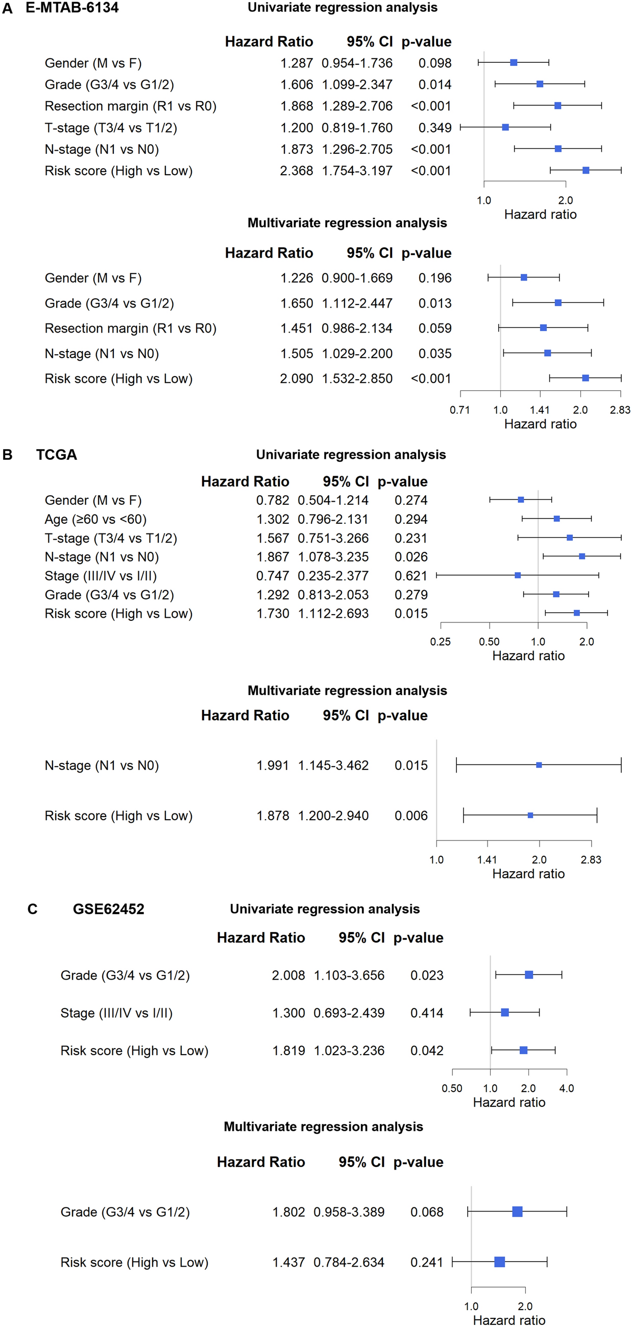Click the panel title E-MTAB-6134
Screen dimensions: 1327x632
tap(72, 8)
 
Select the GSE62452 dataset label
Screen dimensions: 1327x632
tap(109, 909)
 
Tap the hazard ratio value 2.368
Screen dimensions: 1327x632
tap(297, 171)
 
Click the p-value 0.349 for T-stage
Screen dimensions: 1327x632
tap(435, 128)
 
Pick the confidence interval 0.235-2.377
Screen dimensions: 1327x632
tap(333, 576)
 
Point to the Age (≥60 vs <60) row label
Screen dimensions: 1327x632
tap(96, 519)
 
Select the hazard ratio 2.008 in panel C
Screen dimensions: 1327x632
tap(288, 975)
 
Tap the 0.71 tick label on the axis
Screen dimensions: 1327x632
tap(459, 410)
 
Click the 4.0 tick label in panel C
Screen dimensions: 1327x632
tap(567, 1088)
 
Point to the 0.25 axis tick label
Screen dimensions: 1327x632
tap(441, 642)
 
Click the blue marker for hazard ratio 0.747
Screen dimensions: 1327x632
tap(518, 575)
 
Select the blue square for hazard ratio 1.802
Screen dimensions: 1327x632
tap(517, 1212)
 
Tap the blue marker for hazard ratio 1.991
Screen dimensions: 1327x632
tap(539, 765)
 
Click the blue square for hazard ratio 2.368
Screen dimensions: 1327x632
tap(586, 170)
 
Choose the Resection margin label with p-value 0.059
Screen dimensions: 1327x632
tap(131, 329)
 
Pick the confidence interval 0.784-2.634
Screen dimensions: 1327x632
tap(349, 1263)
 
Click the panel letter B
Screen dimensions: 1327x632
tap(8, 455)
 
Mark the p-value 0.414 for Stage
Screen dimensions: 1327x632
tap(427, 1013)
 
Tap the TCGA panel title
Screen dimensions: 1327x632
tap(57, 455)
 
